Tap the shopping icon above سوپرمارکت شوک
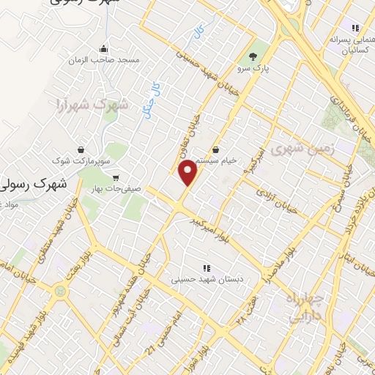click(78, 147)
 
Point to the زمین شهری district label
click(302, 149)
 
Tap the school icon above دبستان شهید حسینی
click(206, 267)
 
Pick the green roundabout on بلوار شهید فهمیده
click(58, 292)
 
